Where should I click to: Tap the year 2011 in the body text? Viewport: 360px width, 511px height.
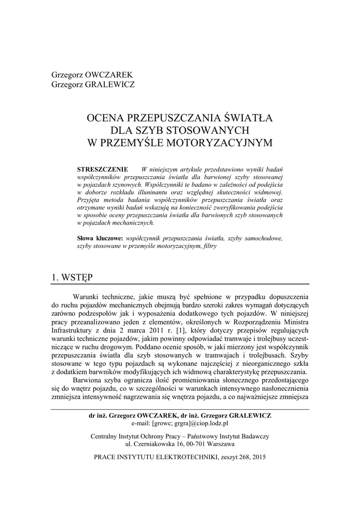(154, 330)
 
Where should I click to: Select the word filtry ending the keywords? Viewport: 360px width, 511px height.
(210, 246)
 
